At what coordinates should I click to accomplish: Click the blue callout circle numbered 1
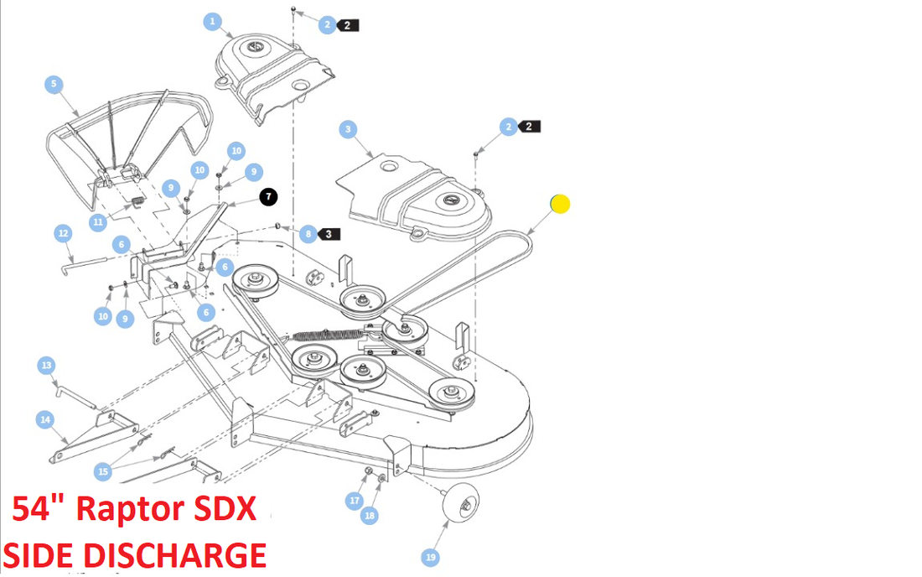tap(213, 22)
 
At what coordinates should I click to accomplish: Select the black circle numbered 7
tap(267, 197)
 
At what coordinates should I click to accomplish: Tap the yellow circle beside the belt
tap(560, 203)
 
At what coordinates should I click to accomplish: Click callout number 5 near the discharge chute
tap(54, 84)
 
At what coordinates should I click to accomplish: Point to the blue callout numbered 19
tap(431, 557)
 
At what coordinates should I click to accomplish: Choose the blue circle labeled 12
tap(63, 233)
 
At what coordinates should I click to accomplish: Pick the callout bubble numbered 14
tap(45, 419)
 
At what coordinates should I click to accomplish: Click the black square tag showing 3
tap(329, 233)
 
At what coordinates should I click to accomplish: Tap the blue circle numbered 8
tap(308, 234)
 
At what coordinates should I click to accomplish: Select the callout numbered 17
tap(355, 501)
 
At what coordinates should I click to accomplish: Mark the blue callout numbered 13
tap(47, 366)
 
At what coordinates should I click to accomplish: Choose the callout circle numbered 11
tap(99, 222)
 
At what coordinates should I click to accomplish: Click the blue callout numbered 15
tap(103, 472)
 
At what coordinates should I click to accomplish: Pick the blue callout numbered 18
tap(370, 516)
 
